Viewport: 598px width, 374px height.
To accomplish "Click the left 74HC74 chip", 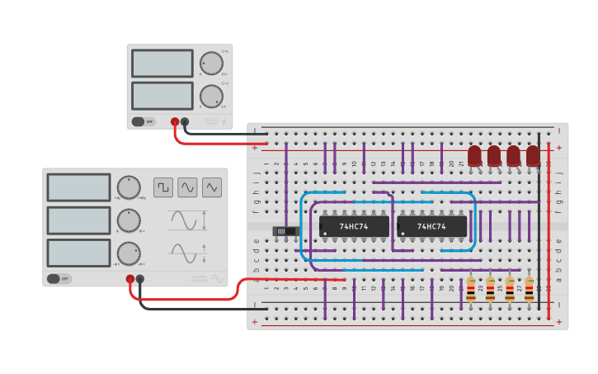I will [354, 226].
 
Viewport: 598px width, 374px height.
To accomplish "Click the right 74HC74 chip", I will [431, 226].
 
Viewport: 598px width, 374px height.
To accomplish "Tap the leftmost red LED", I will [474, 155].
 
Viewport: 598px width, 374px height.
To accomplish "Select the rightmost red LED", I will [533, 155].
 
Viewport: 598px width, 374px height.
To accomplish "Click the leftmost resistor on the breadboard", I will [471, 288].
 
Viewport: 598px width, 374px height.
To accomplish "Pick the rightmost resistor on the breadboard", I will [529, 288].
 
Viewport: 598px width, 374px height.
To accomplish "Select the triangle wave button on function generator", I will [213, 187].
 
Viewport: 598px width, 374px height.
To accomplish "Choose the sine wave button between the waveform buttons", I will [187, 187].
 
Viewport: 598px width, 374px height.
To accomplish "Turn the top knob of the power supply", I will [211, 63].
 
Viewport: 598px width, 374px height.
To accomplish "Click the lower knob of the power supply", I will [211, 95].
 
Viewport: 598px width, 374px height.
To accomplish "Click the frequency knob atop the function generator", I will [128, 187].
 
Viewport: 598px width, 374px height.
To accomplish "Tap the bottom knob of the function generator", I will [128, 253].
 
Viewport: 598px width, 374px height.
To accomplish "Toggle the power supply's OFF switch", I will [143, 121].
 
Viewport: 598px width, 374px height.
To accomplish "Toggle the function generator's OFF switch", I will [59, 279].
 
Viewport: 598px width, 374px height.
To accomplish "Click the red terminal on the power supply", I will [175, 122].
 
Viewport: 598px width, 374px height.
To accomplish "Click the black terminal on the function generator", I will [140, 279].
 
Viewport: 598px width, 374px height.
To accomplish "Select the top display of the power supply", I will [162, 64].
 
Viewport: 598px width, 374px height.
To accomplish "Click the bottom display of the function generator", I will [78, 253].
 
